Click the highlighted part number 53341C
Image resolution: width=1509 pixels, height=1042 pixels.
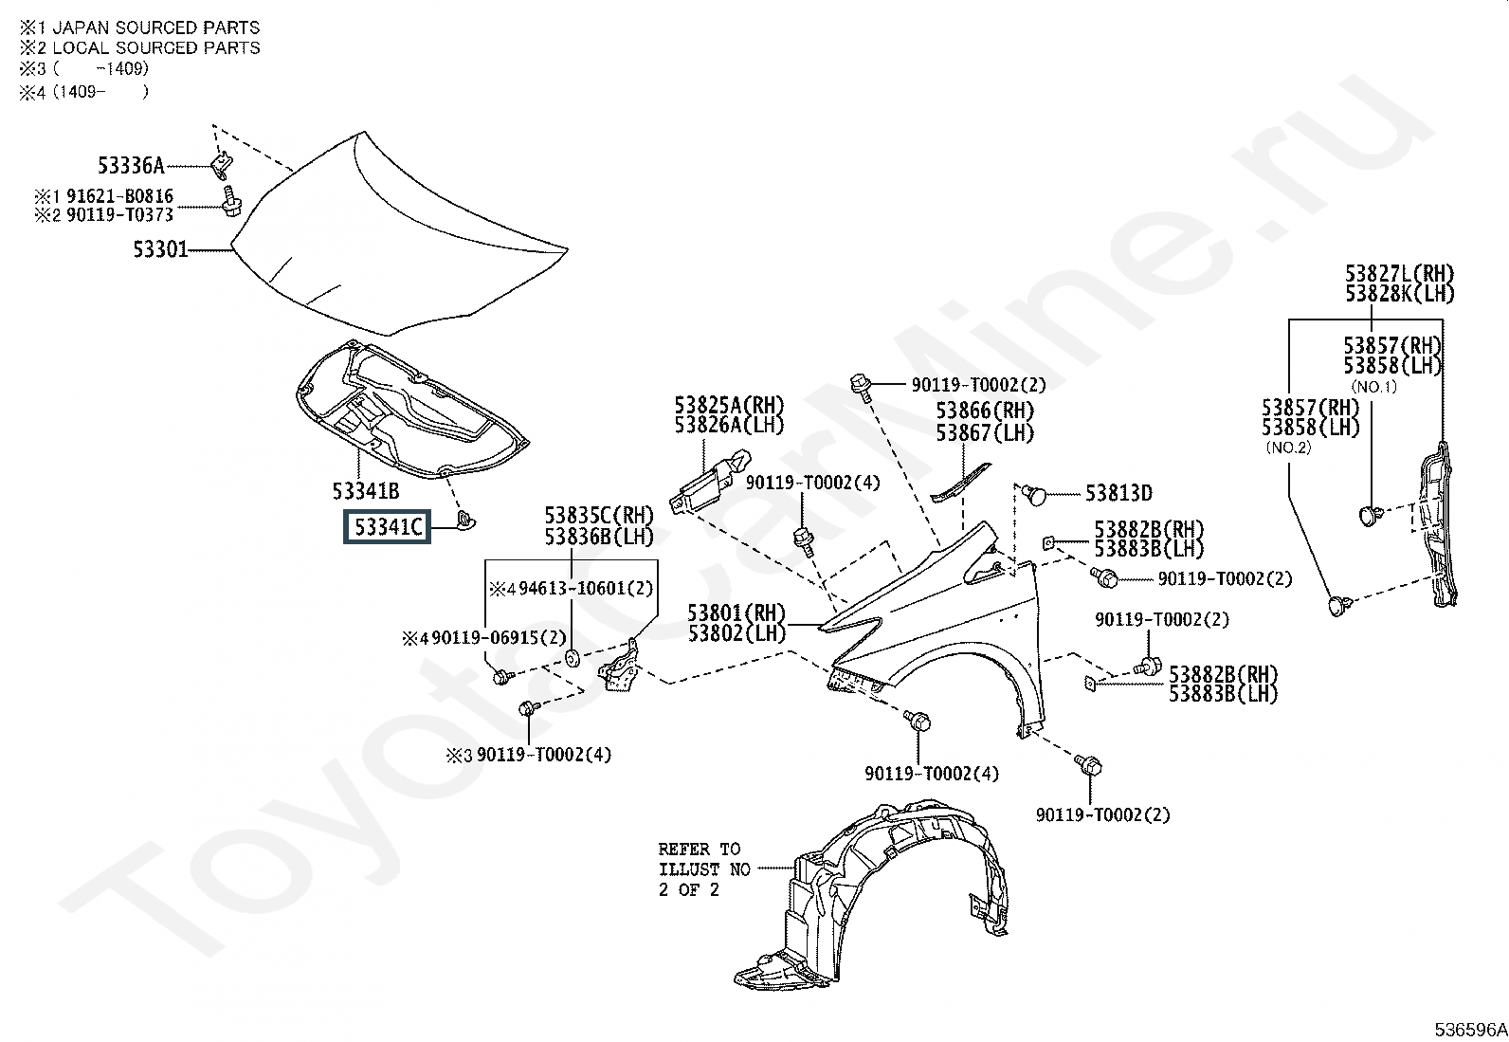click(x=388, y=526)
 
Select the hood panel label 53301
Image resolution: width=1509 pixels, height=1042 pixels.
click(x=160, y=249)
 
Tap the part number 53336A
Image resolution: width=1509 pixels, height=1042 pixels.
click(x=132, y=165)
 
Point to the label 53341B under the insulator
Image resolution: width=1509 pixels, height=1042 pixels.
click(x=366, y=491)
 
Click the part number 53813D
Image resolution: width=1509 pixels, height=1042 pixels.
click(x=1118, y=493)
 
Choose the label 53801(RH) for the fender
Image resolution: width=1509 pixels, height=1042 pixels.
click(x=737, y=613)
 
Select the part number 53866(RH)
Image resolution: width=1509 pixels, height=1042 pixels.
click(x=985, y=411)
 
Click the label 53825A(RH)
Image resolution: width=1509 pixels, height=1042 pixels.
click(x=730, y=405)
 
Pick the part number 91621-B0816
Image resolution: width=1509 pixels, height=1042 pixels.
click(x=120, y=196)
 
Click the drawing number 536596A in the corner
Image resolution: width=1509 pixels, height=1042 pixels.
click(x=1470, y=1029)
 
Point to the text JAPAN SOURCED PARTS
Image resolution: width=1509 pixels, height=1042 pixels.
click(x=155, y=27)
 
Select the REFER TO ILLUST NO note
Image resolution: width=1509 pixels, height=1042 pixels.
click(x=704, y=869)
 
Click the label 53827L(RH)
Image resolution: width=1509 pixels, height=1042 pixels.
click(x=1400, y=274)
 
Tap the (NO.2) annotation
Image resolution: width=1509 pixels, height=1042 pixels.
click(x=1289, y=448)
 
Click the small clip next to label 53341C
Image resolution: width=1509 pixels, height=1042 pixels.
click(x=465, y=520)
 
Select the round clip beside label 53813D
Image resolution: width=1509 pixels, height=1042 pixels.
click(x=1034, y=495)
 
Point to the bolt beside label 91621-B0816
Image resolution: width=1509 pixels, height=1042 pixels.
click(x=231, y=201)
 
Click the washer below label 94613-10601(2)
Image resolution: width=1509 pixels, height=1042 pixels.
click(x=572, y=658)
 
